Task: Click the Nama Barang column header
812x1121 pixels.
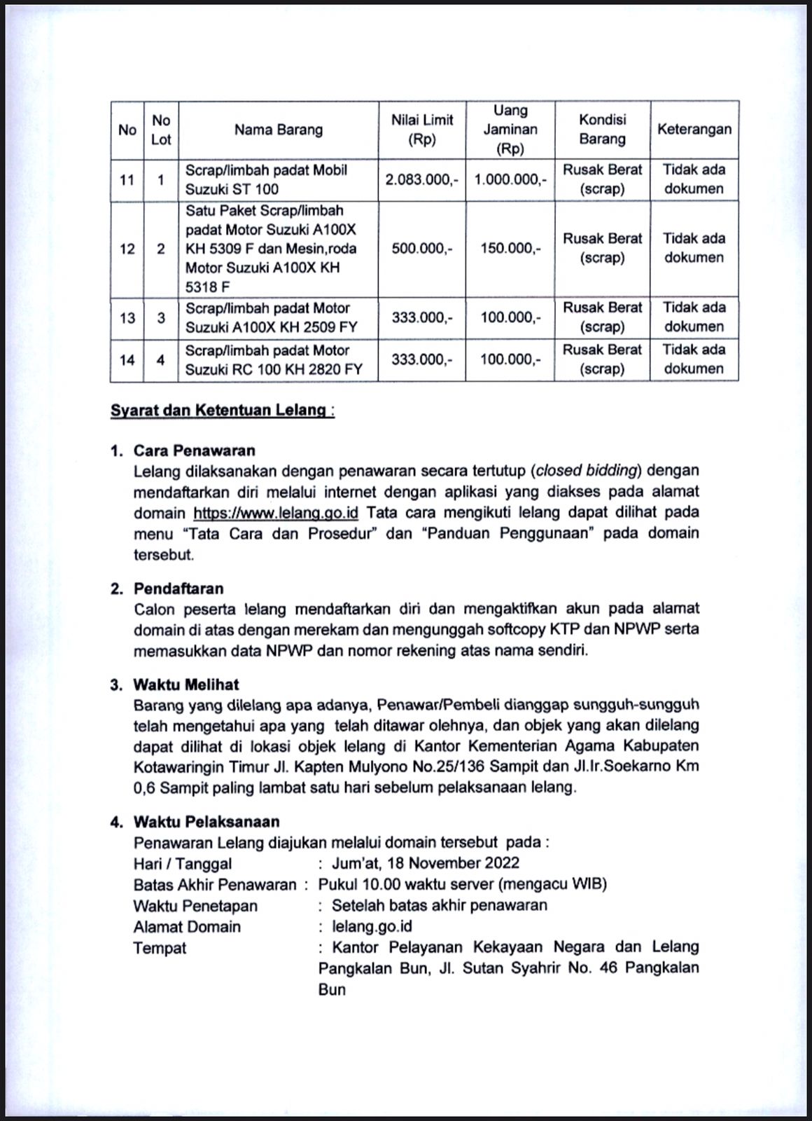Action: click(x=279, y=130)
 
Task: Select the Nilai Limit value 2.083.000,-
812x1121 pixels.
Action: click(x=422, y=179)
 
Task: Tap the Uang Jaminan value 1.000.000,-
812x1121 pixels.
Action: click(x=510, y=179)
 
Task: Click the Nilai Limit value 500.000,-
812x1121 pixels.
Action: click(x=422, y=248)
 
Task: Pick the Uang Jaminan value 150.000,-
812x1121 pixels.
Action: click(x=510, y=248)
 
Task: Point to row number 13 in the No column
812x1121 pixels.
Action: click(x=127, y=318)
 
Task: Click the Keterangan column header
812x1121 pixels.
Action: click(x=694, y=129)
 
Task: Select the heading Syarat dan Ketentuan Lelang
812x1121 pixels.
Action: click(x=222, y=410)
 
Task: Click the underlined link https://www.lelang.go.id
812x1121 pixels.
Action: click(x=276, y=512)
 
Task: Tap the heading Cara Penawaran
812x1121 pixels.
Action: click(x=195, y=451)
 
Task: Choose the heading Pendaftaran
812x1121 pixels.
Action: click(x=178, y=589)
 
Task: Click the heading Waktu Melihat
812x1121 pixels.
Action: click(x=186, y=685)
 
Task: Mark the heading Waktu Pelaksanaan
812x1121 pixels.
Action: click(x=206, y=822)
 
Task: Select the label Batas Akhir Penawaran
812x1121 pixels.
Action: click(x=215, y=885)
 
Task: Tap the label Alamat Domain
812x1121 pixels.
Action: click(x=187, y=927)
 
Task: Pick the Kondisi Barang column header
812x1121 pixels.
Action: click(x=602, y=130)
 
